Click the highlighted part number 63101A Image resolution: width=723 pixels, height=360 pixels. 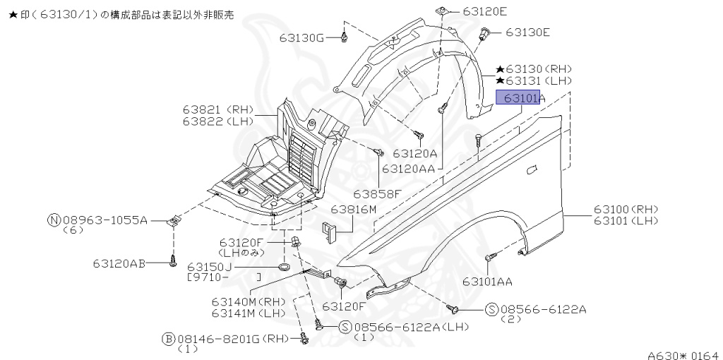point(519,97)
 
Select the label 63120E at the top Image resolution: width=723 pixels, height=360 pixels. point(485,11)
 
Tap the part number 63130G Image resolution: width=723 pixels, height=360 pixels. point(301,37)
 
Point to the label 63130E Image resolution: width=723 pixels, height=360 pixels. point(527,32)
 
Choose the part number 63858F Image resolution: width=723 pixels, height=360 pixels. point(377,193)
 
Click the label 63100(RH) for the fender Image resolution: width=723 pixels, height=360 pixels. point(625,210)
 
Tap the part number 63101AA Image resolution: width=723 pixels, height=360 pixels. point(487,282)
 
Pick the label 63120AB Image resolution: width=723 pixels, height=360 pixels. point(119,263)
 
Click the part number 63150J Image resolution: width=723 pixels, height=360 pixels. point(210,267)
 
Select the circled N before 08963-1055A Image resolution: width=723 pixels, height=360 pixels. point(54,220)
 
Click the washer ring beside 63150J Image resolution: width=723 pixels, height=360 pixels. point(284,267)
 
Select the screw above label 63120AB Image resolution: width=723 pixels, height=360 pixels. point(172,263)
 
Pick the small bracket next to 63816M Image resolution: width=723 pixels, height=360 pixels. point(329,231)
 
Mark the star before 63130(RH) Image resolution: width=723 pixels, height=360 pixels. point(500,69)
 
